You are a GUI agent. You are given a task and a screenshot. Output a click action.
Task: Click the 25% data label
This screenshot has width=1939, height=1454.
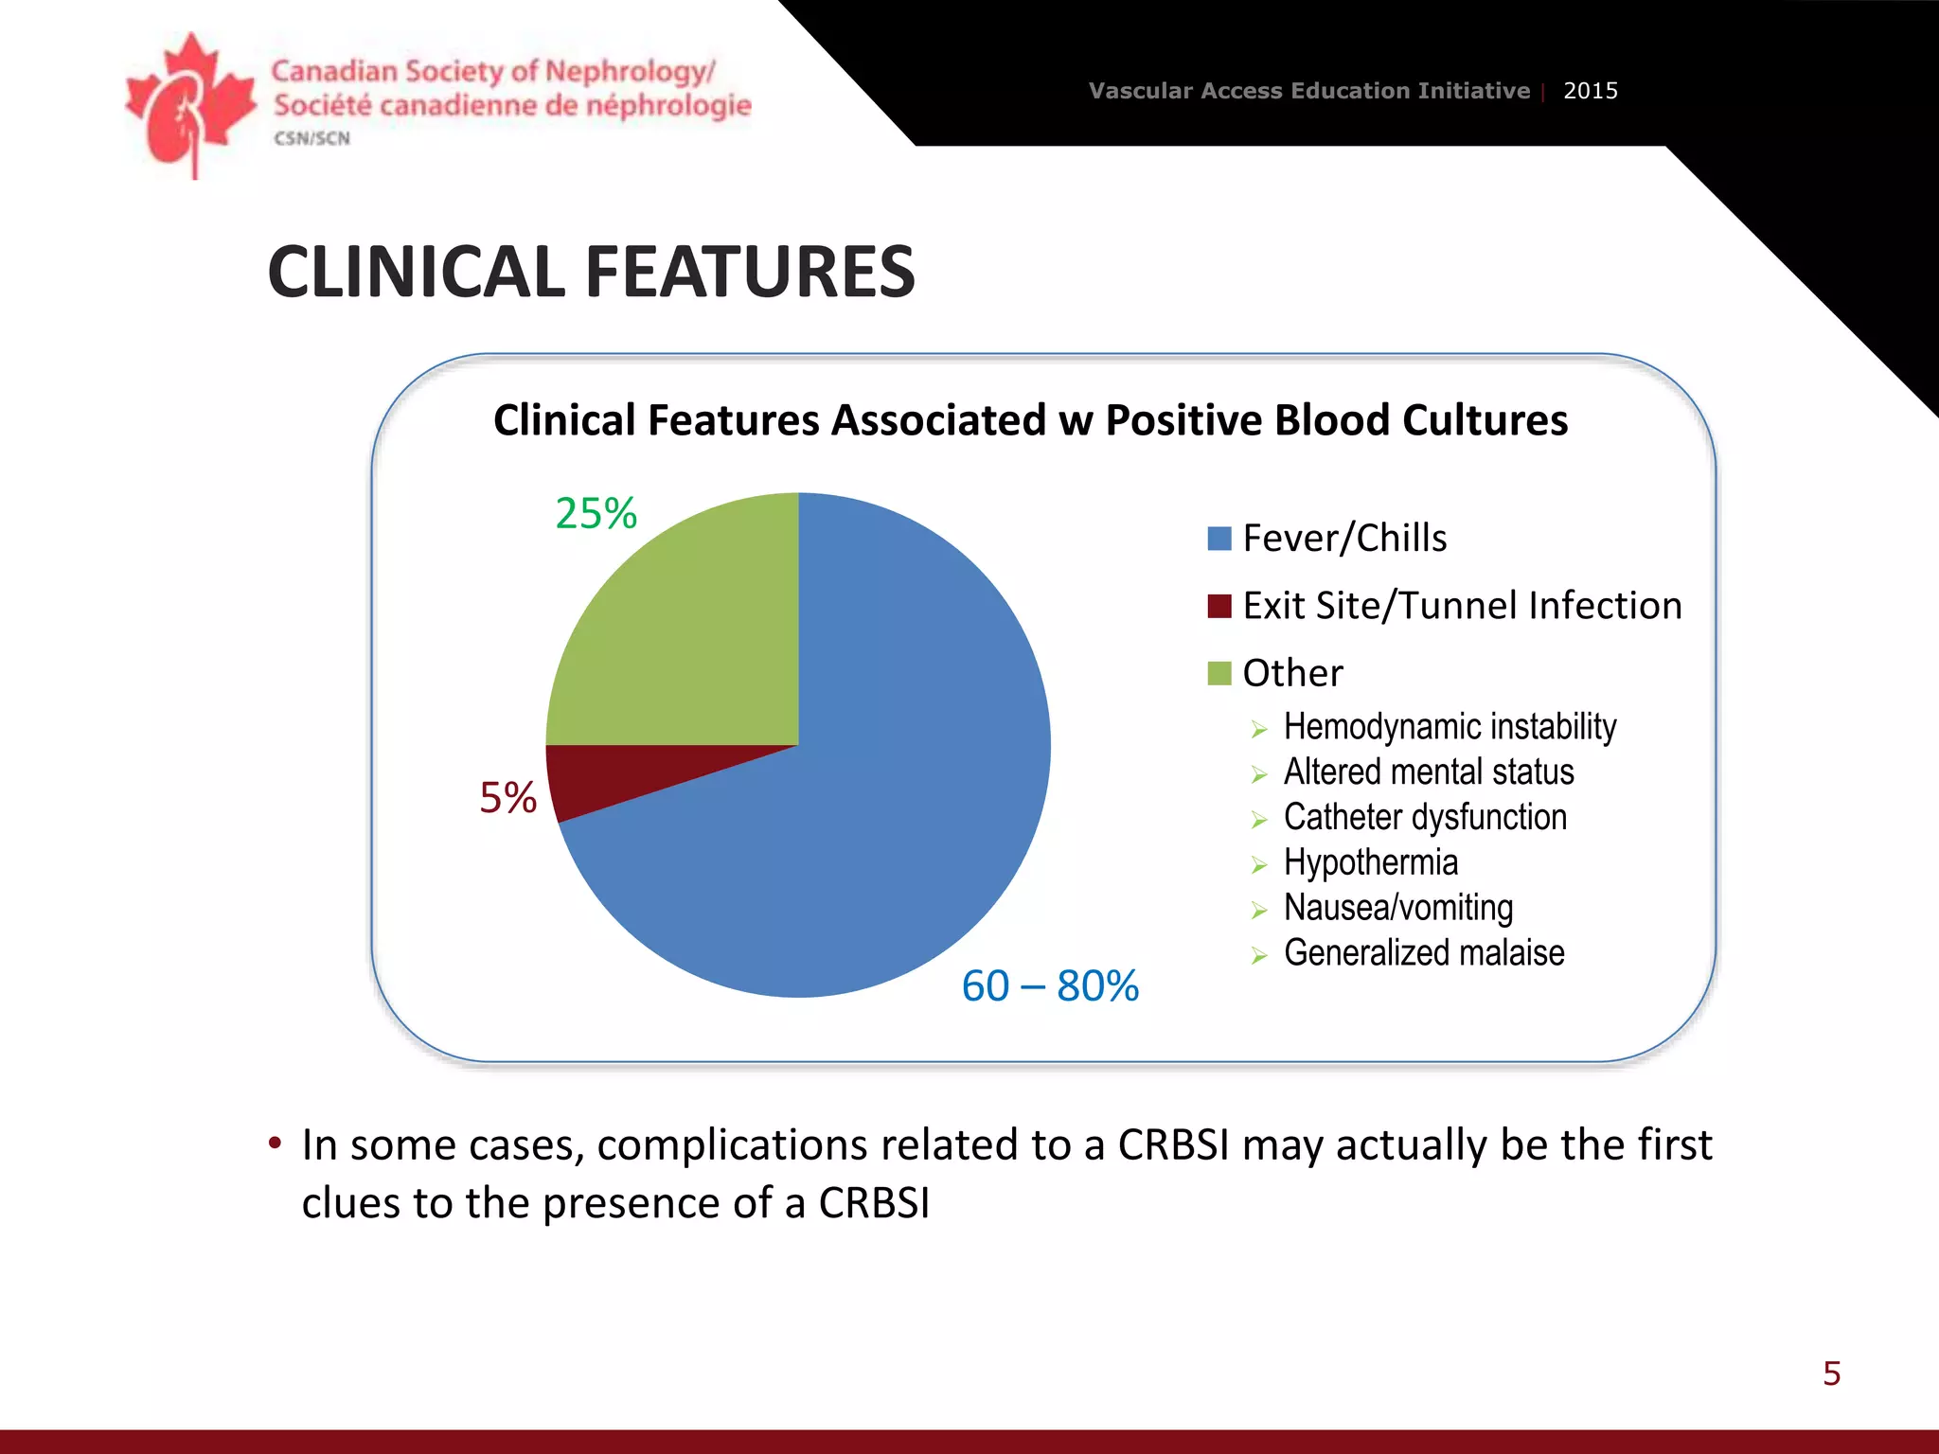click(596, 514)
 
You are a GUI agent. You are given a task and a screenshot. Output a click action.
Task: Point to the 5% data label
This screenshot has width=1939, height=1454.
click(507, 798)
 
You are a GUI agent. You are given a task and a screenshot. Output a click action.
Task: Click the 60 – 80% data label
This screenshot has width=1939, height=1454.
click(1050, 986)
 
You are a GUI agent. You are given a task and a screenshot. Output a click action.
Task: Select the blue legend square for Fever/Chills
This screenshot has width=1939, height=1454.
click(1219, 539)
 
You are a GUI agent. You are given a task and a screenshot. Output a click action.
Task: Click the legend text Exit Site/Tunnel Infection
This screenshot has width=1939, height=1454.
click(1462, 606)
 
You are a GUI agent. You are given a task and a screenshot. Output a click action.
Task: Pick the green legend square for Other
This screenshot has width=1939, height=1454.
click(1219, 673)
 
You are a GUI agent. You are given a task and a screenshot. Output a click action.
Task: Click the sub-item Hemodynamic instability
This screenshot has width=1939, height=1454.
click(1449, 727)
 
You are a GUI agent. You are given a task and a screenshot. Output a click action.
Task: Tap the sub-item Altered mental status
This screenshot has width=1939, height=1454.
click(1428, 772)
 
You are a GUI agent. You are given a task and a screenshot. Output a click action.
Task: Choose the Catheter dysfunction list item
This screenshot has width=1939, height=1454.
click(1424, 817)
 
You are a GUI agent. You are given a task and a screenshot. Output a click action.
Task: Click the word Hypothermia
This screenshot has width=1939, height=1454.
click(1370, 862)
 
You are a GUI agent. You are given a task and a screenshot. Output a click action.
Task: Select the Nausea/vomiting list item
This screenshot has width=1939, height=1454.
click(1397, 908)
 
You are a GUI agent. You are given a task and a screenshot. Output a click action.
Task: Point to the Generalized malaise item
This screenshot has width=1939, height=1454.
click(1423, 953)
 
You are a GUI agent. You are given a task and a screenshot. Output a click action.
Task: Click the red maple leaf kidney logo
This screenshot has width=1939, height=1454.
click(190, 104)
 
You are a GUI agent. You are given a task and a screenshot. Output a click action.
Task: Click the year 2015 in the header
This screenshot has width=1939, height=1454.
click(1590, 91)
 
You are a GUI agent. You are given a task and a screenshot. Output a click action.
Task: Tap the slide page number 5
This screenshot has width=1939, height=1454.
click(1831, 1374)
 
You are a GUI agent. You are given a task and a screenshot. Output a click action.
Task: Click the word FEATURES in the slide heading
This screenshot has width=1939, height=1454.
click(750, 273)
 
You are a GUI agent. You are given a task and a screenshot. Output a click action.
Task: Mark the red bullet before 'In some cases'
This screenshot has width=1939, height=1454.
click(275, 1143)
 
